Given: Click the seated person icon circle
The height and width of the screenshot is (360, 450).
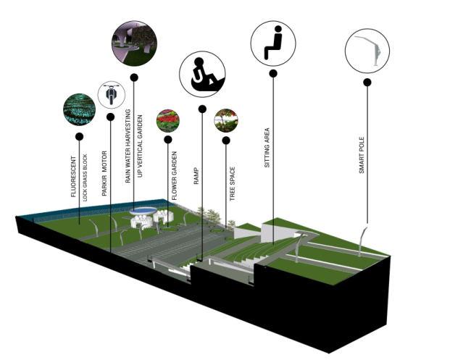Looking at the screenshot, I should pos(273,43).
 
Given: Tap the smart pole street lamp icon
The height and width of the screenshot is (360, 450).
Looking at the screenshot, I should pos(367,51).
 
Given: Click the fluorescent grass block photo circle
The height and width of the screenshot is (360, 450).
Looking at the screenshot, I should pos(79,109).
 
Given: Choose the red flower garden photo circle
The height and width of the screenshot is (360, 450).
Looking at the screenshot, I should pos(168,120).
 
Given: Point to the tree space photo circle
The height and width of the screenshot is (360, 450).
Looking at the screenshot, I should pos(226,120).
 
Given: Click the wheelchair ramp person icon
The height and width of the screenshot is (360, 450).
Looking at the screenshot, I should pos(202,74).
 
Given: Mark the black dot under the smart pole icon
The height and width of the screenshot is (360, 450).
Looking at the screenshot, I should pos(367,83).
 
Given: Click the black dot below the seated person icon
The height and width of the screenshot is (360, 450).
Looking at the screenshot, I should pos(273,73).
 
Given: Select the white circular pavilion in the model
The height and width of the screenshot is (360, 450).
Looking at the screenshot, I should pos(143,212).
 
